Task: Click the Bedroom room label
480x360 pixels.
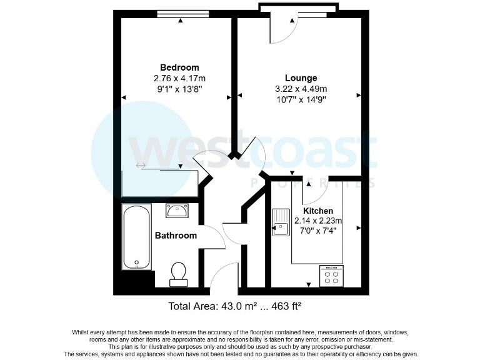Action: pyautogui.click(x=179, y=67)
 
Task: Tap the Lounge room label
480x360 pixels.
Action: pyautogui.click(x=301, y=78)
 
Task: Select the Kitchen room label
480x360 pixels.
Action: pyautogui.click(x=318, y=211)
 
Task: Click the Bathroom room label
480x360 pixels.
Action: pyautogui.click(x=176, y=236)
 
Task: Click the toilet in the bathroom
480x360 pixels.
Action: pyautogui.click(x=179, y=273)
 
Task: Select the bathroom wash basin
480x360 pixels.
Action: pyautogui.click(x=179, y=211)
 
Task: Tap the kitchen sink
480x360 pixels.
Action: pyautogui.click(x=279, y=222)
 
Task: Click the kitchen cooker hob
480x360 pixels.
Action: pyautogui.click(x=331, y=276)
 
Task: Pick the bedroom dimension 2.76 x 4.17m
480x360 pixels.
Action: pyautogui.click(x=179, y=79)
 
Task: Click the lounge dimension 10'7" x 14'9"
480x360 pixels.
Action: pyautogui.click(x=301, y=99)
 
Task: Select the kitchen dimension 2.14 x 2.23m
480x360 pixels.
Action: pyautogui.click(x=318, y=221)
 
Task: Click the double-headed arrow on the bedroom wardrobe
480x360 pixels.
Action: pyautogui.click(x=141, y=166)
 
